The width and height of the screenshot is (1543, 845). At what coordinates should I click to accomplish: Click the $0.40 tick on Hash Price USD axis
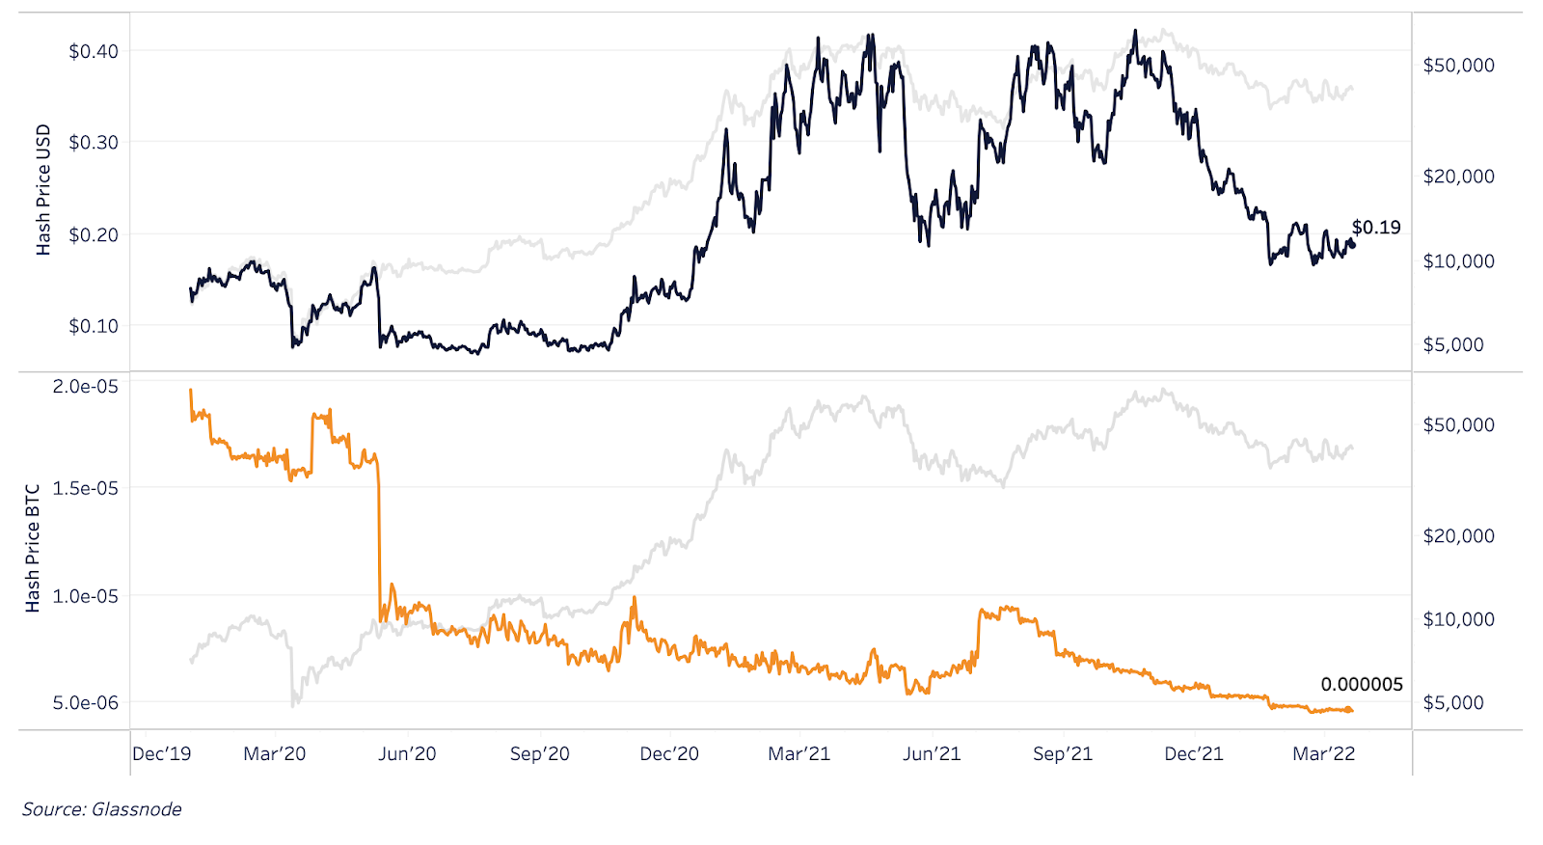[x=93, y=51]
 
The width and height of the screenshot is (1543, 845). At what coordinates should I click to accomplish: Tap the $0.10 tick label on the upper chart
[x=93, y=326]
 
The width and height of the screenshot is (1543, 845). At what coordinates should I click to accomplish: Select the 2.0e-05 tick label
[x=86, y=387]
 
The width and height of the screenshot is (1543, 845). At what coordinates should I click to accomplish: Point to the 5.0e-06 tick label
[x=86, y=703]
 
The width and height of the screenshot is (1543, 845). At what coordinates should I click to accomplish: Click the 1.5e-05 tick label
[x=86, y=489]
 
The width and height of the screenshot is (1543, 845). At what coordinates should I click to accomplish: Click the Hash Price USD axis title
[x=43, y=190]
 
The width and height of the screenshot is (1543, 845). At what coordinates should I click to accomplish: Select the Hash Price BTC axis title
[x=33, y=548]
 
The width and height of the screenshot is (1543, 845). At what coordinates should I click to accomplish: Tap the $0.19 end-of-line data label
[x=1376, y=228]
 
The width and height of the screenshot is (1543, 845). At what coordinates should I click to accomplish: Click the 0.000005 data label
[x=1362, y=685]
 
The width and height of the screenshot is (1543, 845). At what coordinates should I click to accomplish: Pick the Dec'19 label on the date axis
[x=162, y=754]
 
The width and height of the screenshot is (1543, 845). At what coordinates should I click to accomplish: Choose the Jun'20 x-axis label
[x=407, y=754]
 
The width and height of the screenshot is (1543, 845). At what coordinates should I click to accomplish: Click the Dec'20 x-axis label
[x=669, y=754]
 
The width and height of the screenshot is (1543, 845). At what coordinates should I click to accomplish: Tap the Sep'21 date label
[x=1063, y=754]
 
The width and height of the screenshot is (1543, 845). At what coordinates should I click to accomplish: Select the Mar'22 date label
[x=1324, y=754]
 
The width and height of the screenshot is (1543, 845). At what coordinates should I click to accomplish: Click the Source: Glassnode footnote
[x=102, y=809]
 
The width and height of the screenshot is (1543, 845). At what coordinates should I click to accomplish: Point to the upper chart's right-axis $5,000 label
[x=1453, y=345]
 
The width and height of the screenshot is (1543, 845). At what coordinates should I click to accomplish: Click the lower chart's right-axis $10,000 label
[x=1459, y=619]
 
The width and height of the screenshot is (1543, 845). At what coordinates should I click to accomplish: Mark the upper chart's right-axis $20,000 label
[x=1459, y=177]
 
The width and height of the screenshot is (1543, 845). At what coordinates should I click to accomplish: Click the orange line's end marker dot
[x=1350, y=711]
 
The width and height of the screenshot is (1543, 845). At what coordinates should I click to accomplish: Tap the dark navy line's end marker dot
[x=1352, y=245]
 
